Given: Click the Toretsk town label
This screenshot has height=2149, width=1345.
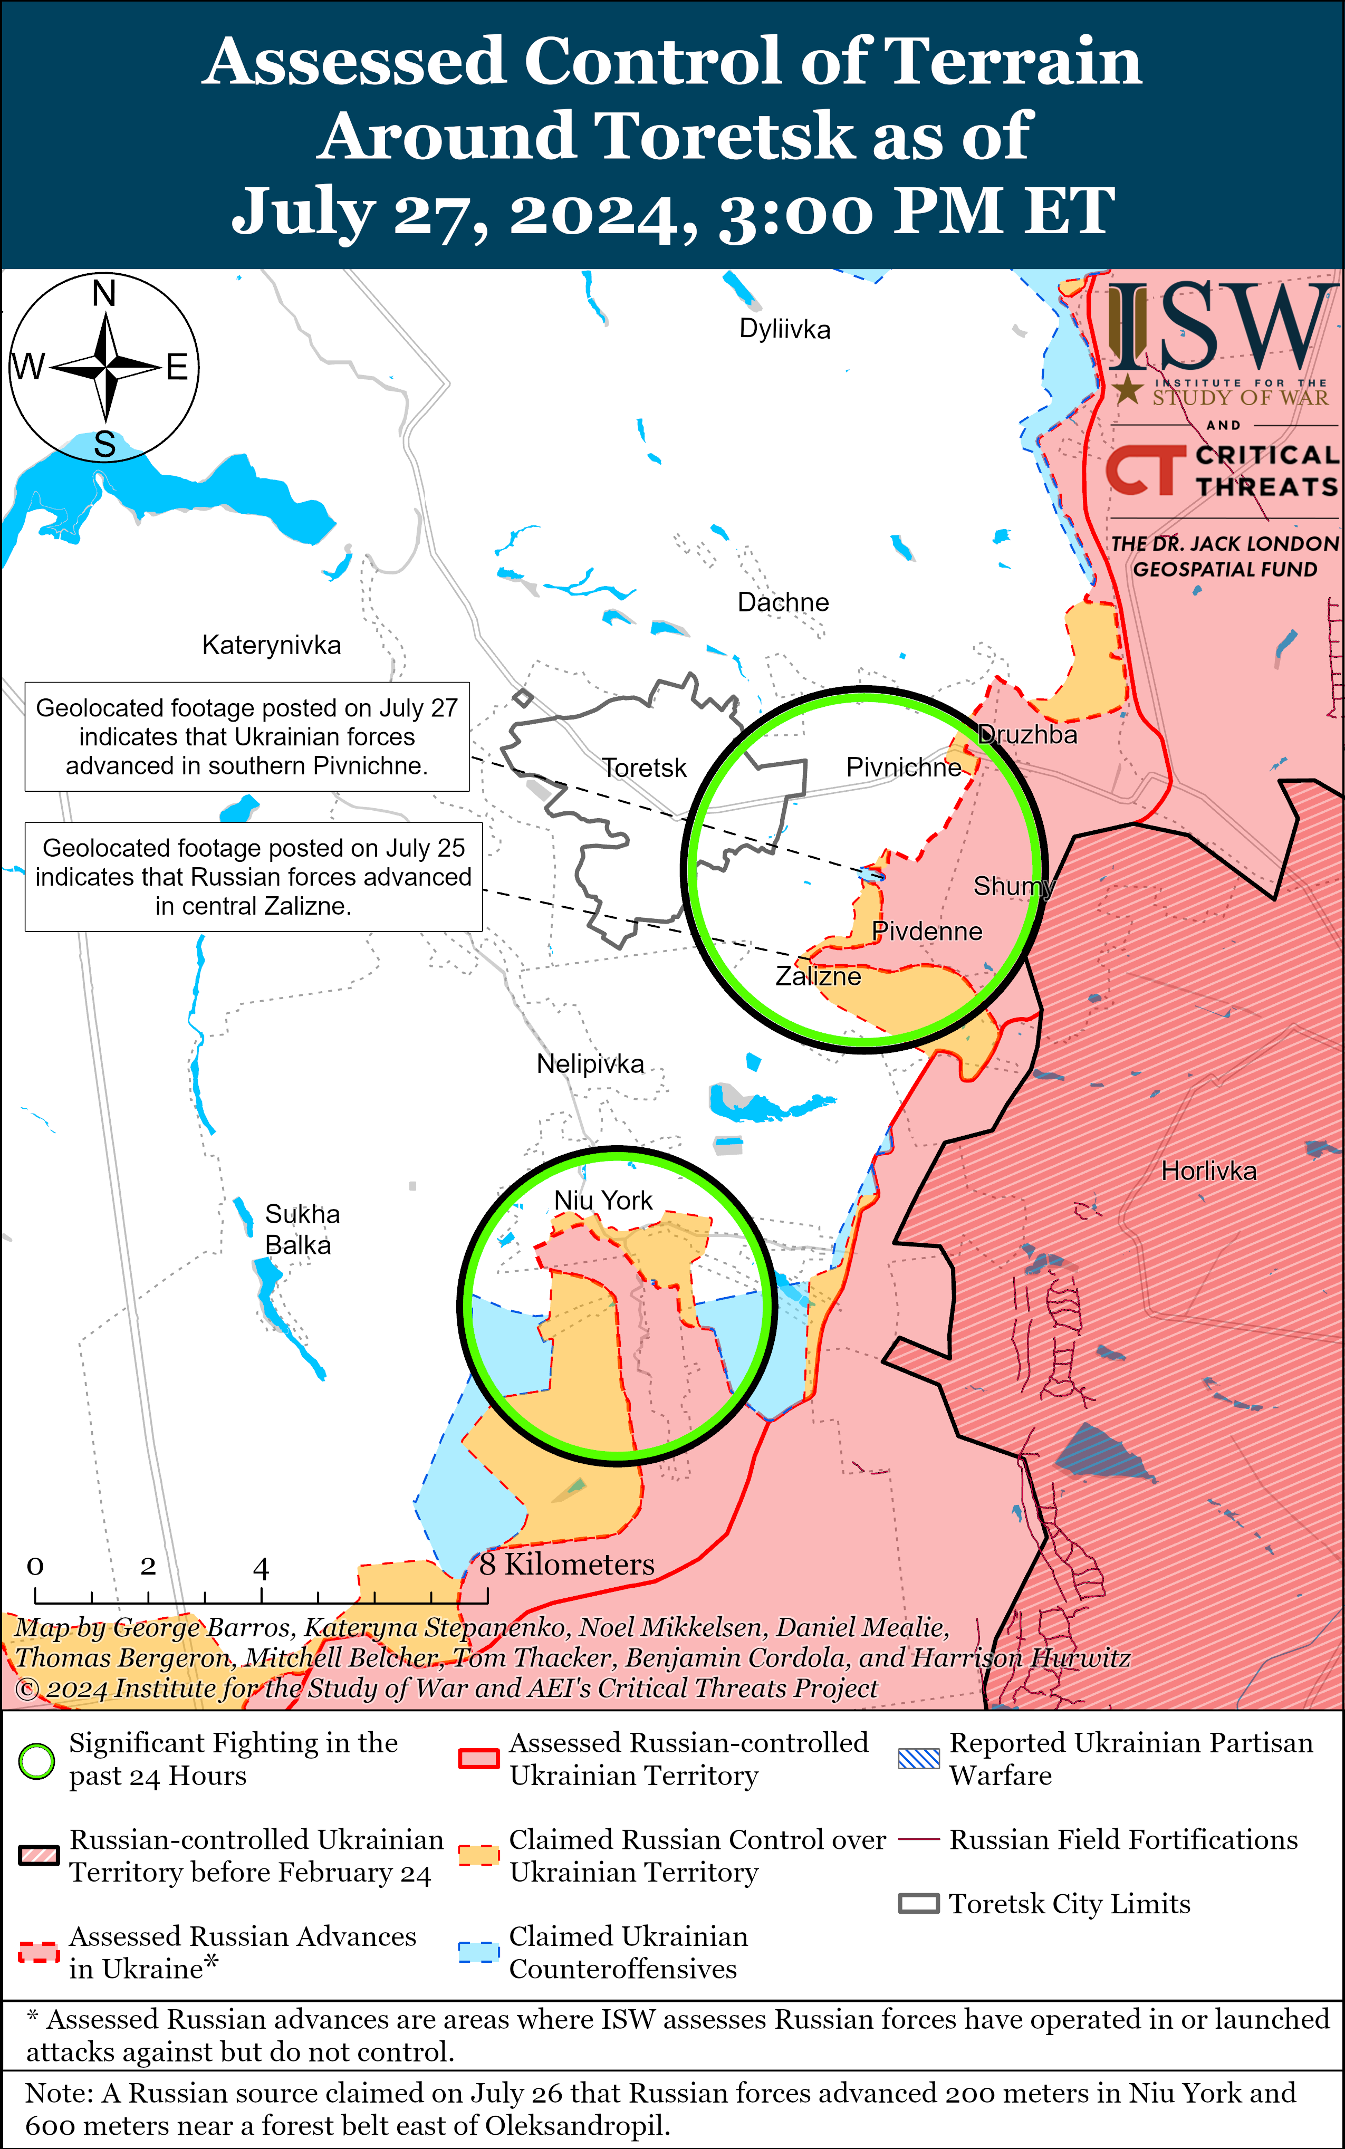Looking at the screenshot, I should tap(644, 767).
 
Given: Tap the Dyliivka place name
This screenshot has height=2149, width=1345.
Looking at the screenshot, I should tap(785, 329).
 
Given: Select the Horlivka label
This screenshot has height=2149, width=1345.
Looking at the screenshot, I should tap(1208, 1171).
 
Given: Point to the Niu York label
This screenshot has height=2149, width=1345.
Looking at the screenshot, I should tap(602, 1200).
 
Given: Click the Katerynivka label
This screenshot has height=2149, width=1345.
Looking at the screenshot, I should tap(271, 645).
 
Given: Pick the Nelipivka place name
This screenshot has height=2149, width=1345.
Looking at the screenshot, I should tap(590, 1064).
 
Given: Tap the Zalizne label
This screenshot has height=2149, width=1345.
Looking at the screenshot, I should tap(818, 977).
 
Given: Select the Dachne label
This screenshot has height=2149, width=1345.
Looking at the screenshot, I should tap(783, 602).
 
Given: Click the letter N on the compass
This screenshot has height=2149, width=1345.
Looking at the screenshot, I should tap(104, 293).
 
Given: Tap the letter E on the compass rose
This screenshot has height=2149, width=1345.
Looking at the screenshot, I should tap(177, 367).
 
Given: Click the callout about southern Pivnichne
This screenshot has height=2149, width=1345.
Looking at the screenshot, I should tap(246, 736).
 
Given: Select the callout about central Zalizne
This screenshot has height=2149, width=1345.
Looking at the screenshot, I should tap(253, 877).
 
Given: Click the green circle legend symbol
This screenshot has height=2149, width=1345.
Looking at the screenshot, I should tap(36, 1761).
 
